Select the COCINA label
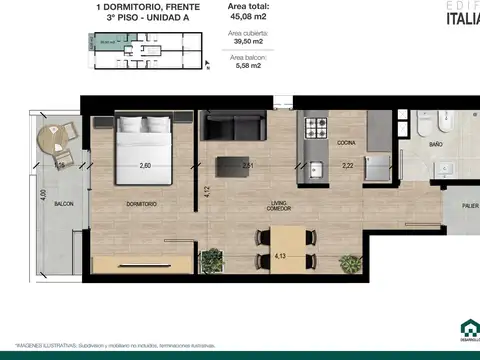pos(347,143)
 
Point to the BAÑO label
pos(436,144)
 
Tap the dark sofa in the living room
pos(233,128)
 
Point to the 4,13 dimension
pos(281,257)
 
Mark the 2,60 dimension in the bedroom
pos(145,166)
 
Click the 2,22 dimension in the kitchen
pos(348,166)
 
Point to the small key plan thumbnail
pos(146,50)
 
